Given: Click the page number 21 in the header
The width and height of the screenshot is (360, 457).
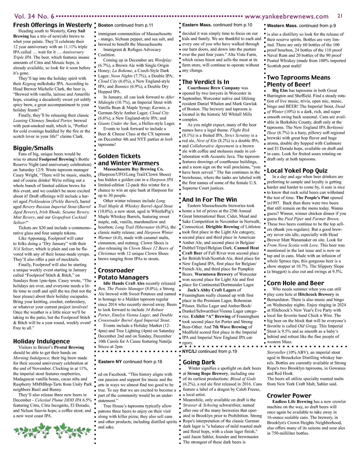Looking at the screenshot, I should [340, 16].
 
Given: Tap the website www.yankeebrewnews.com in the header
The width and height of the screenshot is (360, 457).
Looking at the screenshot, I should [286, 17].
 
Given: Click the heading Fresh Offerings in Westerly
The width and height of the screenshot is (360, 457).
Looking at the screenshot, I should [52, 25].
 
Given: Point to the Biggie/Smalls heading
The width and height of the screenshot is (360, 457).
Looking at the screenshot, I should [33, 148].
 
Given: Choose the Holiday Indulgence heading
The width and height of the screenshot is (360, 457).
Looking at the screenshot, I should [41, 341].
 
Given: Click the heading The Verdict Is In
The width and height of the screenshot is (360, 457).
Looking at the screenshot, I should [205, 82].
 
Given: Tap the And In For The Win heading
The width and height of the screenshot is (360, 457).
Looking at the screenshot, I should [209, 200].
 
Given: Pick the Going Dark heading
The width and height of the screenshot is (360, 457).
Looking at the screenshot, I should [199, 362].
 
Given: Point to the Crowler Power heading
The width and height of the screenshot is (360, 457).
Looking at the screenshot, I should [289, 396].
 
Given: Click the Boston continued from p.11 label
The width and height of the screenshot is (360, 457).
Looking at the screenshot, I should [125, 25].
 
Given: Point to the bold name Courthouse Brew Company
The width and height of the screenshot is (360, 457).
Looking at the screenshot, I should [214, 88].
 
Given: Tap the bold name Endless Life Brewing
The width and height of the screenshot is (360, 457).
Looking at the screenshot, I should [292, 402].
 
